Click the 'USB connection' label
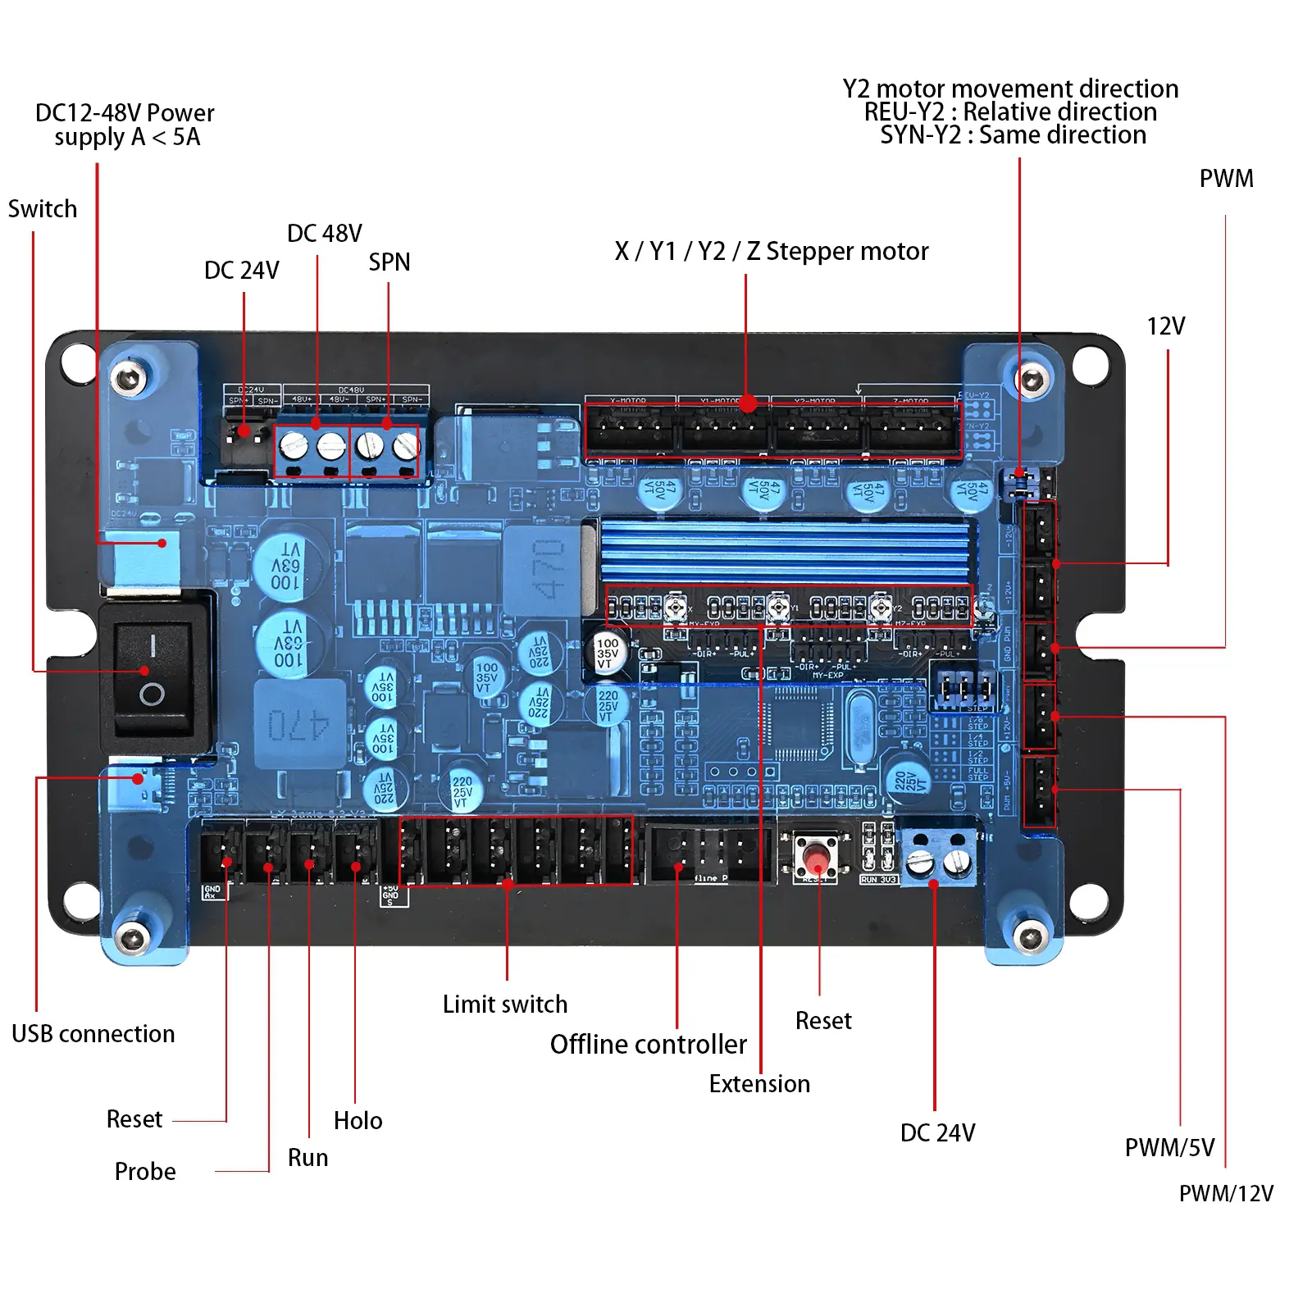coord(93,1033)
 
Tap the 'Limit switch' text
coord(504,1004)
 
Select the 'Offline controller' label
coord(648,1044)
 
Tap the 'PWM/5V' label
coord(1169,1147)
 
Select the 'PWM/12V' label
coord(1226,1193)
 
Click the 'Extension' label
coord(758,1083)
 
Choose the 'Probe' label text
coord(145,1171)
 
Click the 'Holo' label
coord(358,1120)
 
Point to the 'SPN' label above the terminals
coord(389,262)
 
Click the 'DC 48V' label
coord(324,234)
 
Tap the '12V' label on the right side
coord(1165,326)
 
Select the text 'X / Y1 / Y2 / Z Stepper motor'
coord(771,251)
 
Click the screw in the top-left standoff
coord(128,378)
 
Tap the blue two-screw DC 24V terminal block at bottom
coord(939,857)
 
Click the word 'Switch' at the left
coord(43,209)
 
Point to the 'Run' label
coord(307,1157)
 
